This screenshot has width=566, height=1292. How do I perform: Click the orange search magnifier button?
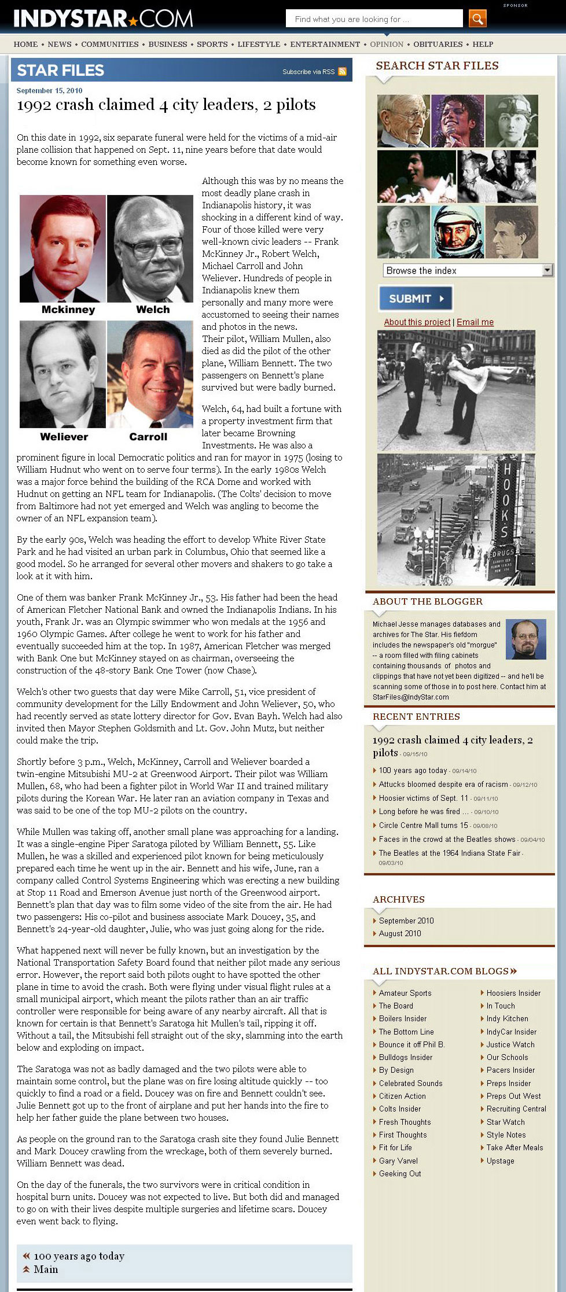(x=477, y=19)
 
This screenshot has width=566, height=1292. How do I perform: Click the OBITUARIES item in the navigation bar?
(x=438, y=44)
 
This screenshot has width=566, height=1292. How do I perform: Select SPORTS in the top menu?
(x=212, y=44)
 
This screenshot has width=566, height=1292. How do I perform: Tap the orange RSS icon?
(x=342, y=72)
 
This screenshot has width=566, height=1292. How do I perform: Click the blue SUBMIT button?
(x=415, y=299)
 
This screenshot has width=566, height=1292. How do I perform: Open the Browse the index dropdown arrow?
(x=547, y=270)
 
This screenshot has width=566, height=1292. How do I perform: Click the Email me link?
(x=475, y=322)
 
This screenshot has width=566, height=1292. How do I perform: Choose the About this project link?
(x=417, y=322)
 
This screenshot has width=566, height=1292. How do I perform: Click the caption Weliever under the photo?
(x=64, y=437)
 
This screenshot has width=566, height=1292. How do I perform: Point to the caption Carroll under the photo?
(x=148, y=437)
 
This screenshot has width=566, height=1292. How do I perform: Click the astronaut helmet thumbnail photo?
(x=457, y=232)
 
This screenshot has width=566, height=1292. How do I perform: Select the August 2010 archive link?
(x=400, y=933)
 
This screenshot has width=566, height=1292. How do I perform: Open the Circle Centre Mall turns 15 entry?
(x=423, y=825)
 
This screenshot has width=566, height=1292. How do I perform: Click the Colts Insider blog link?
(x=400, y=1109)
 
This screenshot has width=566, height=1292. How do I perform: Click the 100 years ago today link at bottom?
(x=79, y=1256)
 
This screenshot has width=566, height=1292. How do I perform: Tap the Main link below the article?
(x=46, y=1269)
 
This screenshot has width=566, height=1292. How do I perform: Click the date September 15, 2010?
(x=49, y=91)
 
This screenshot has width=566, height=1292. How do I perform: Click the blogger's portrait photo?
(x=525, y=639)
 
